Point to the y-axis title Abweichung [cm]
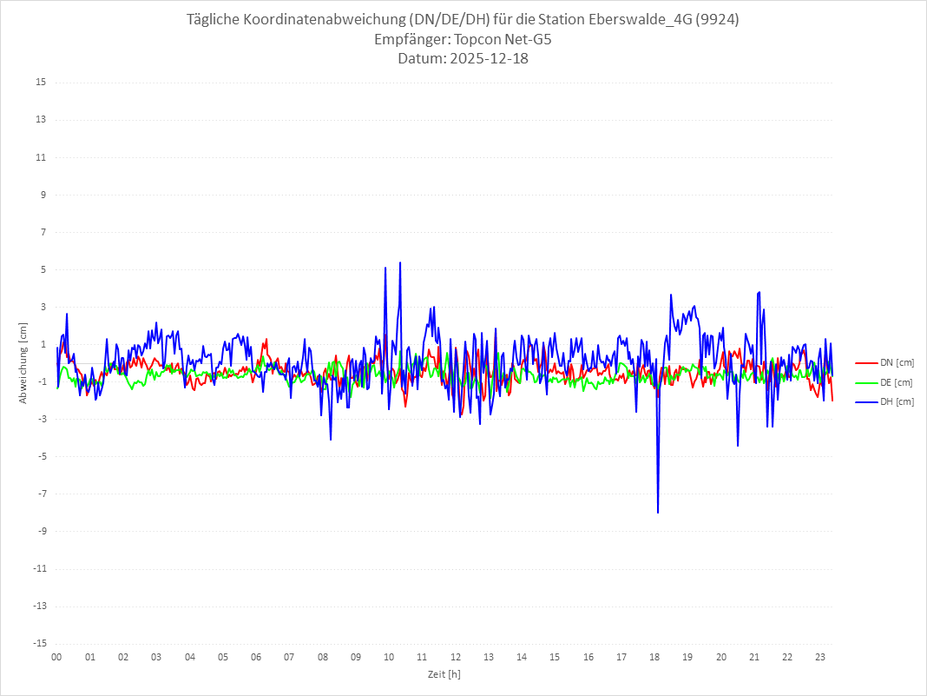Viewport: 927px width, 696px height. click(23, 362)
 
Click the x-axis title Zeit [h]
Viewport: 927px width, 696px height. click(444, 673)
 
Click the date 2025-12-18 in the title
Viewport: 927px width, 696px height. click(485, 59)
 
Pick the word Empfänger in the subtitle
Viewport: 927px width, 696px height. click(410, 40)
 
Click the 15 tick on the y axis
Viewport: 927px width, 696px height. click(40, 83)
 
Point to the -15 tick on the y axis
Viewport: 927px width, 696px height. click(38, 644)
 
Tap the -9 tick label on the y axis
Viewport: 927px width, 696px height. click(40, 532)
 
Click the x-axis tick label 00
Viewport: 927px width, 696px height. click(56, 658)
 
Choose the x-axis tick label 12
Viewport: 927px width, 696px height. click(456, 658)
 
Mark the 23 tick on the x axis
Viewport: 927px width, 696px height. click(820, 658)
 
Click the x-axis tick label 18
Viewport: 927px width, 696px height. click(654, 658)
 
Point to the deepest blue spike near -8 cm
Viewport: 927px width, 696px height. click(658, 512)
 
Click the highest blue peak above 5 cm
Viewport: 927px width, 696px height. click(400, 263)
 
